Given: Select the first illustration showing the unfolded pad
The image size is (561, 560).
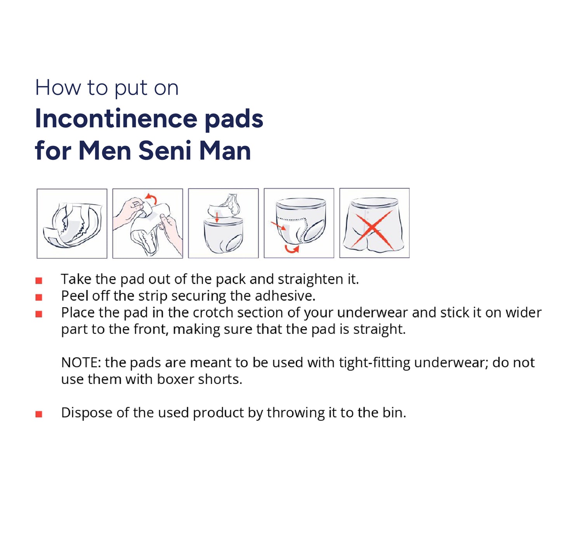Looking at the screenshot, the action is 72,223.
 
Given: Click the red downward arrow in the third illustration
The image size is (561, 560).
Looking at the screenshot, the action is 216,217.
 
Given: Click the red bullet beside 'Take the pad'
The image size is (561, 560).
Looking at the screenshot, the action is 39,280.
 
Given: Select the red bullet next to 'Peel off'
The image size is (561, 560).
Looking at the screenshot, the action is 39,297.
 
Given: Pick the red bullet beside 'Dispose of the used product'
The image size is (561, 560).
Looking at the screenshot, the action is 39,414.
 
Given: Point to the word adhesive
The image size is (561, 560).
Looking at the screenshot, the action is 285,296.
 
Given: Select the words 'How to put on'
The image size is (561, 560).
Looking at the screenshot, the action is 106,88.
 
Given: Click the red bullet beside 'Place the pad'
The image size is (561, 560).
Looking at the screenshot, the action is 39,314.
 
